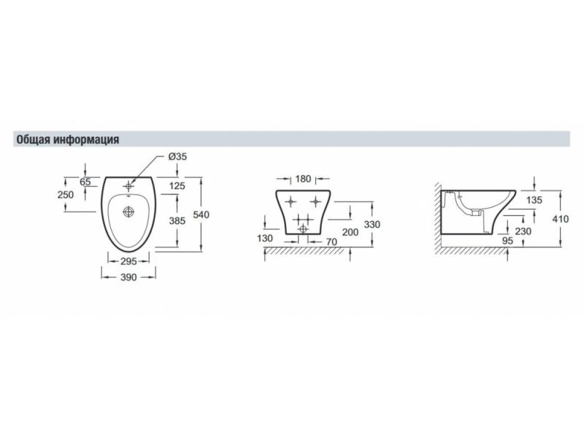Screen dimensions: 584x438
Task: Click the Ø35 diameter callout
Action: pyautogui.click(x=177, y=157)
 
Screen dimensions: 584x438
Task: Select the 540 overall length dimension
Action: pyautogui.click(x=201, y=215)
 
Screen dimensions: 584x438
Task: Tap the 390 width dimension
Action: pyautogui.click(x=128, y=277)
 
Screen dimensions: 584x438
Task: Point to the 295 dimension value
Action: pyautogui.click(x=128, y=261)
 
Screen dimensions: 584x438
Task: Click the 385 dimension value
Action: pyautogui.click(x=177, y=221)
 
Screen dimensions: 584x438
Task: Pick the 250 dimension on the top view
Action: pyautogui.click(x=66, y=195)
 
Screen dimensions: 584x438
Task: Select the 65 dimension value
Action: pyautogui.click(x=85, y=182)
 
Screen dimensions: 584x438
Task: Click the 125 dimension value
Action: pyautogui.click(x=177, y=185)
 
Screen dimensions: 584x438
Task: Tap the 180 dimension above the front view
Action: pyautogui.click(x=303, y=179)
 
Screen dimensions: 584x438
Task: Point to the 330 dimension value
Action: pyautogui.click(x=372, y=225)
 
